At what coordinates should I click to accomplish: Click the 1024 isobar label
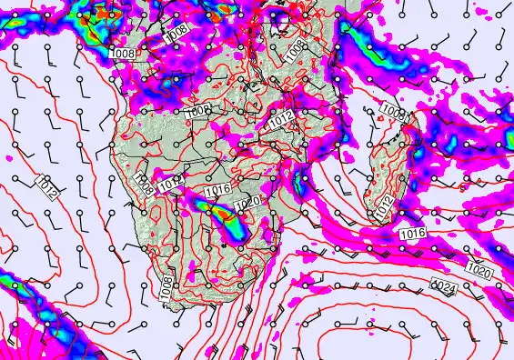443,286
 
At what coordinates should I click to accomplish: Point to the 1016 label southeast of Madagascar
412,234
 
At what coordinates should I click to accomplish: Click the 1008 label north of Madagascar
394,112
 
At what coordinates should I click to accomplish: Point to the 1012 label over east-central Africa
281,118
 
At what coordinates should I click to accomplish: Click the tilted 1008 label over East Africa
296,51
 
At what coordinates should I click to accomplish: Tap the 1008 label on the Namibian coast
143,185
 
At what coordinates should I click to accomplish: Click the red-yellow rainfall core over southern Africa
217,211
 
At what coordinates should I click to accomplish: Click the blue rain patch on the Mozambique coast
301,182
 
